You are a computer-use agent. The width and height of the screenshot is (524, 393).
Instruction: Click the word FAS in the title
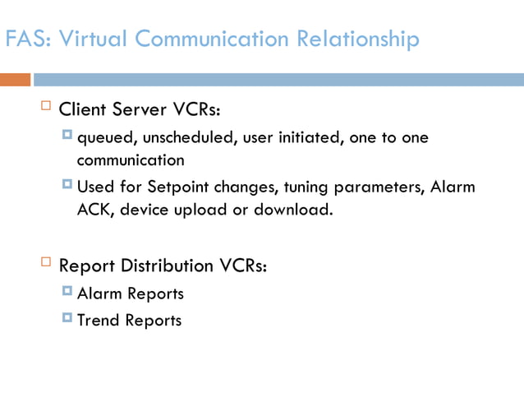23,39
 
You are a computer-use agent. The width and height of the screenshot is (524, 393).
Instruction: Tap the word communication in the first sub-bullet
131,160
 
